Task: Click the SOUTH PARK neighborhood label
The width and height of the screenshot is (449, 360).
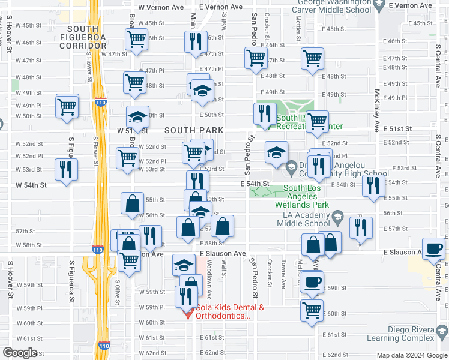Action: point(194,130)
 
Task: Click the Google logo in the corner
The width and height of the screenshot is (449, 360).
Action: point(20,353)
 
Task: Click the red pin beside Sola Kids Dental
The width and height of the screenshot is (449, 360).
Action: point(187,313)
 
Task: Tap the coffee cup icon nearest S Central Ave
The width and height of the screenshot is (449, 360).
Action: point(433,248)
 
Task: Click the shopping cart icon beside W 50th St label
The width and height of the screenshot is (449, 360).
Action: point(67,107)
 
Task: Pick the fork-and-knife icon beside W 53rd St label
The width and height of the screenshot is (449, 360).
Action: point(65,169)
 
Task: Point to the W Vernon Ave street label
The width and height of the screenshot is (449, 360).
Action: point(160,7)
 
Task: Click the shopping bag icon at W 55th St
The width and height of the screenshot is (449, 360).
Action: point(131,204)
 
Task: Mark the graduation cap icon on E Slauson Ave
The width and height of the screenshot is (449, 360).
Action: point(184,264)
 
